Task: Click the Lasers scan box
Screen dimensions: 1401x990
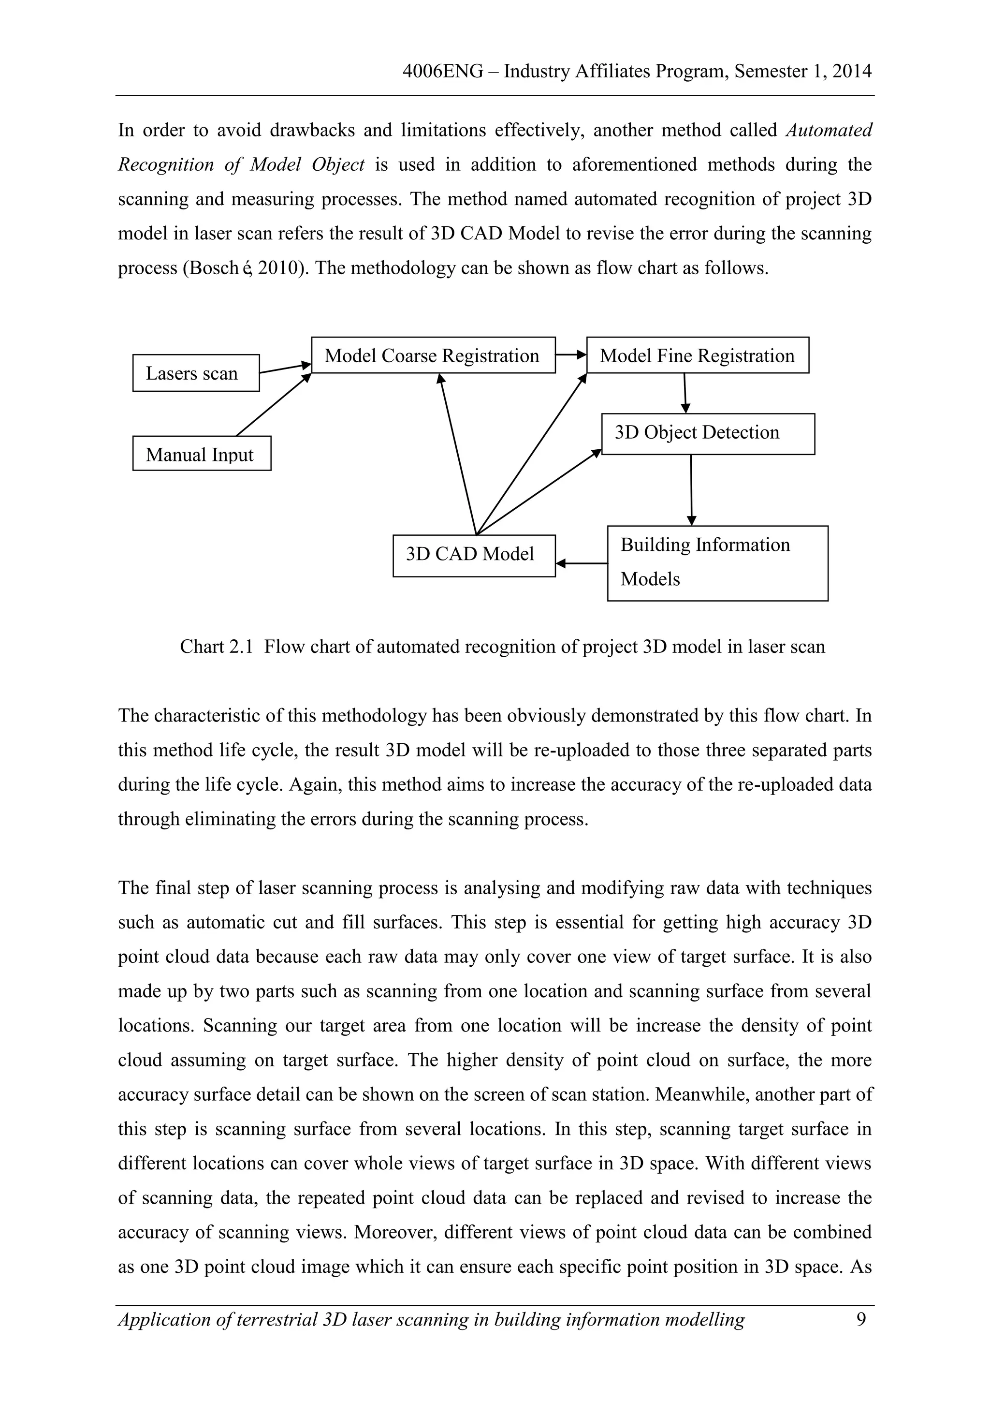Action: coord(196,373)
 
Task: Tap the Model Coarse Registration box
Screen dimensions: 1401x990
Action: coord(433,355)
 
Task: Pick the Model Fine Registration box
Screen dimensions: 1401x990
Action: coord(697,355)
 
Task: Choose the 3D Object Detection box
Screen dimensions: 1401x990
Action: coord(708,434)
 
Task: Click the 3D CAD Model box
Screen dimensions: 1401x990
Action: coord(474,555)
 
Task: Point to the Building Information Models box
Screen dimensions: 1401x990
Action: coord(717,562)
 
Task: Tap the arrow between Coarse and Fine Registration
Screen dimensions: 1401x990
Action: coord(571,354)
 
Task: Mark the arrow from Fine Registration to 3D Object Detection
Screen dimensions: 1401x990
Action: coord(685,393)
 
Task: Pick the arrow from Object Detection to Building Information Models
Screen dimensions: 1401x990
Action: coord(691,489)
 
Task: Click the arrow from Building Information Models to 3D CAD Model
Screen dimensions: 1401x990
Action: coord(582,563)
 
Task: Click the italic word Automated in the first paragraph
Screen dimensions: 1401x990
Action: coord(829,130)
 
